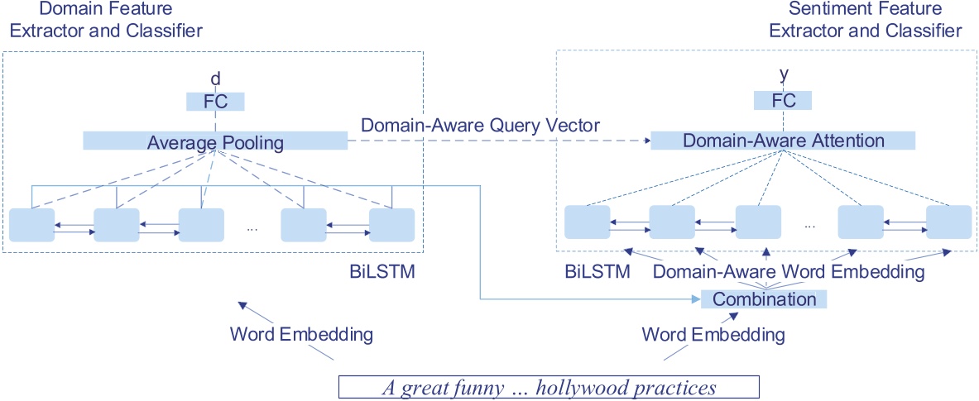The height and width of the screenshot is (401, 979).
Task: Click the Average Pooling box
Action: tap(215, 142)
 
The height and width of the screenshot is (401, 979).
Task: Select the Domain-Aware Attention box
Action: tap(783, 141)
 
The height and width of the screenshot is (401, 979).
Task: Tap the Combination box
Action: tap(764, 299)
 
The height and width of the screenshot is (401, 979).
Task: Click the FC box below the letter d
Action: tap(215, 102)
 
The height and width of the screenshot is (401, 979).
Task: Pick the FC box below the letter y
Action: tap(783, 101)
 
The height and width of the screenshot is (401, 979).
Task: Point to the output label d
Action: tap(215, 79)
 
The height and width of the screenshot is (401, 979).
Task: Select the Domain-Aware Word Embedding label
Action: tap(789, 271)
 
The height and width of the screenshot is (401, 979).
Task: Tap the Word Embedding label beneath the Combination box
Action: tap(713, 335)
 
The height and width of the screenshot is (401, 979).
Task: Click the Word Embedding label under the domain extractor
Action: tap(301, 335)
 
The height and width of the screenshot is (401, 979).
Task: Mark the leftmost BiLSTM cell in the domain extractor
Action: tap(31, 225)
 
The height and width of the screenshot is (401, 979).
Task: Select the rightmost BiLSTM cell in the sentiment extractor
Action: tap(948, 222)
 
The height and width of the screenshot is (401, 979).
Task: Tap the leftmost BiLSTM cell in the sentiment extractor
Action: tap(588, 222)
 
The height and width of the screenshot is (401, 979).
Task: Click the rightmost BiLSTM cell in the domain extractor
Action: tap(391, 225)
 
